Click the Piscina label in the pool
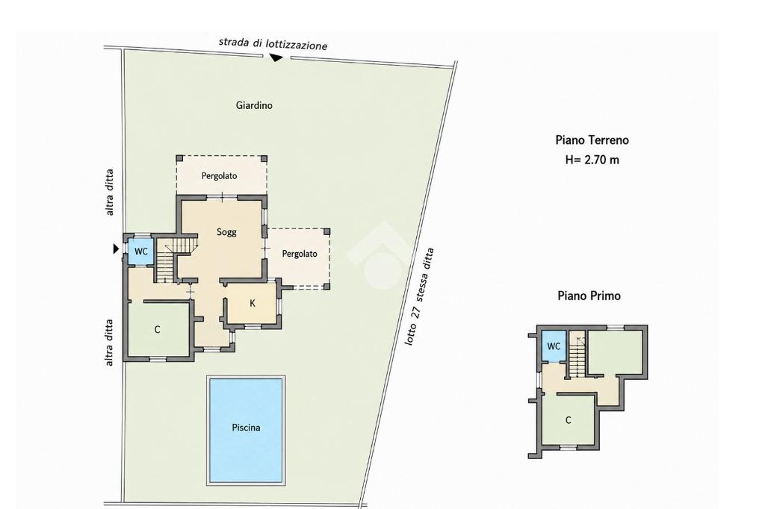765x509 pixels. (x=246, y=428)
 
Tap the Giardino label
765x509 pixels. (x=254, y=105)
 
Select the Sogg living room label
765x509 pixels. (x=226, y=232)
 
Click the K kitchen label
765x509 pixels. (x=253, y=303)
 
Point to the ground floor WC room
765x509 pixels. (x=141, y=251)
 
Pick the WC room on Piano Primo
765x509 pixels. (x=554, y=346)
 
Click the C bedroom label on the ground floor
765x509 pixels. (x=157, y=330)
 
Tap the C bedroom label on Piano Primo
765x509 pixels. (x=568, y=420)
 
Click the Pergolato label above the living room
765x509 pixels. (x=219, y=176)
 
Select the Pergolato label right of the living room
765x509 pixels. (x=300, y=254)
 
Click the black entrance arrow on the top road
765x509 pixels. (x=276, y=57)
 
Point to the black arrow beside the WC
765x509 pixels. (x=116, y=249)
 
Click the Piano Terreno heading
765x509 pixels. (x=592, y=140)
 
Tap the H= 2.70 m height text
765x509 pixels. (x=592, y=160)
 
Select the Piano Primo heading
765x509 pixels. (x=589, y=296)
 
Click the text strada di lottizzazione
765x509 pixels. (x=273, y=44)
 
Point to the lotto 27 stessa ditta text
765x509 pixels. (x=419, y=297)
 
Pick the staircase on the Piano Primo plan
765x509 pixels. (x=577, y=357)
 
